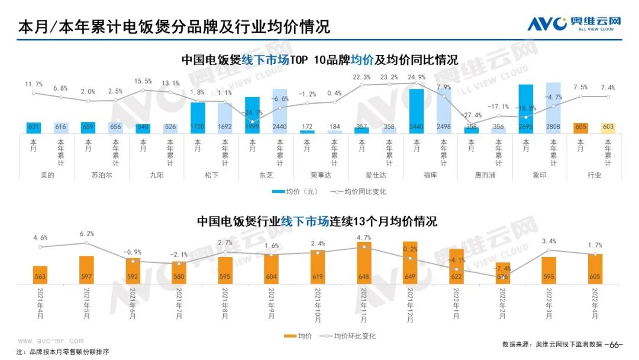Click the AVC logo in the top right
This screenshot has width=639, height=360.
[x=575, y=24]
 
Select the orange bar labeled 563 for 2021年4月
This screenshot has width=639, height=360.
[x=40, y=275]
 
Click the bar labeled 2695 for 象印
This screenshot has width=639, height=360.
[x=526, y=109]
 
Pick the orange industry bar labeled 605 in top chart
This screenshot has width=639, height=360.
[x=580, y=128]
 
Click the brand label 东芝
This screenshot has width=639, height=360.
[x=266, y=175]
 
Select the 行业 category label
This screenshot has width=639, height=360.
[x=594, y=175]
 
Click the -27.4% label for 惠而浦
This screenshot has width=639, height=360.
[x=472, y=115]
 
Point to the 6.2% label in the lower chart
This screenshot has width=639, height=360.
[x=86, y=234]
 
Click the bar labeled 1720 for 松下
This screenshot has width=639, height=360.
[x=198, y=118]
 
